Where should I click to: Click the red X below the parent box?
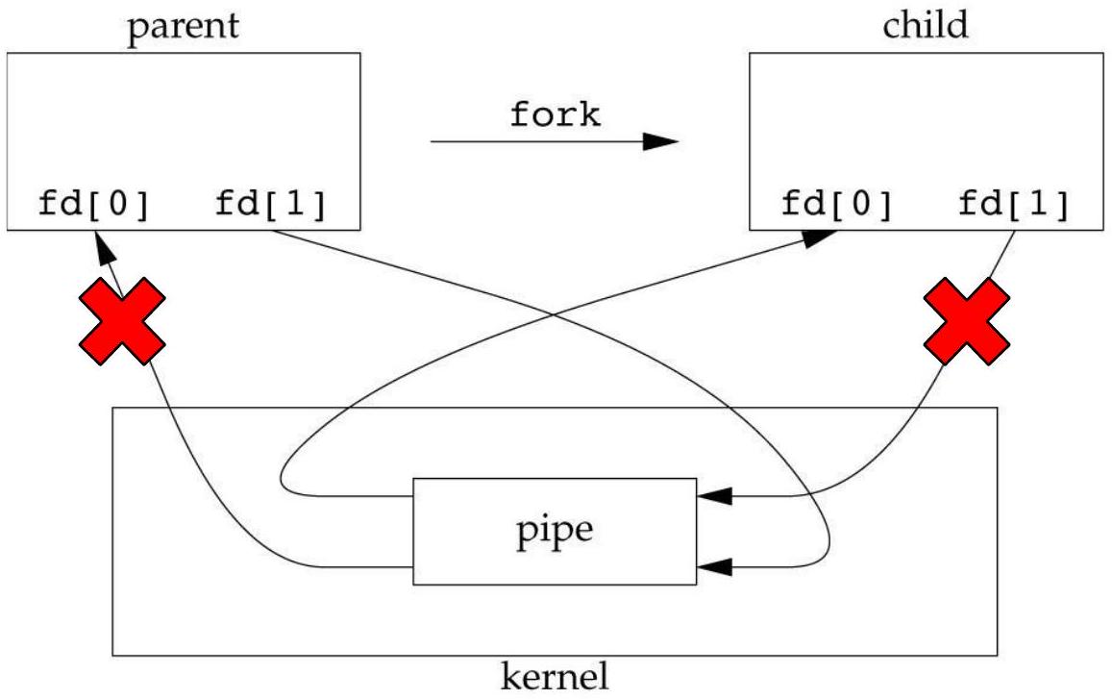coord(120,322)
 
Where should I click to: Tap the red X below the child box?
coord(966,322)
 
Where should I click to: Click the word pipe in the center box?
coord(556,530)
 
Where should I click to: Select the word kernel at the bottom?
coord(555,678)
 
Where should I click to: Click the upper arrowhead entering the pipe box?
coord(715,496)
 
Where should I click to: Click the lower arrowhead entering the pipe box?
coord(715,566)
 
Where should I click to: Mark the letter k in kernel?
coord(510,678)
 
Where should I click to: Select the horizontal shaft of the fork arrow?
coord(538,142)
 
